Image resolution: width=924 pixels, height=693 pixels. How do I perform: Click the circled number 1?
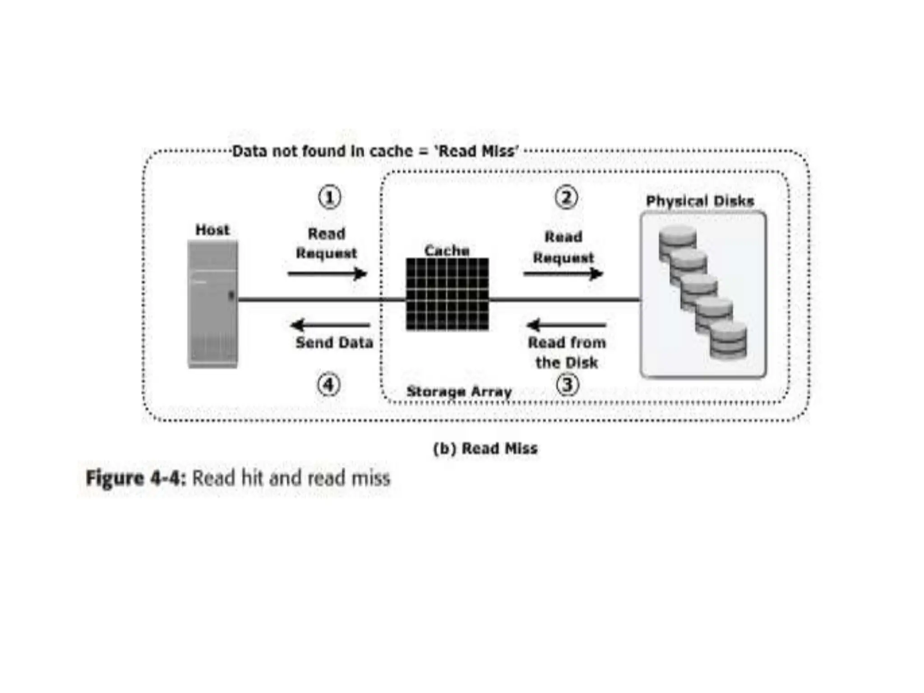tap(330, 197)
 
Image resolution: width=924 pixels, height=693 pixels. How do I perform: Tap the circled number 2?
tap(566, 197)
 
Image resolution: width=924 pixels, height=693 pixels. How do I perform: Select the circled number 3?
tap(567, 385)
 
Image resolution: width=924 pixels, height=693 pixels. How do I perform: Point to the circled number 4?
tap(328, 385)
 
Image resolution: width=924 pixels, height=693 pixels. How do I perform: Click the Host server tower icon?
tap(213, 304)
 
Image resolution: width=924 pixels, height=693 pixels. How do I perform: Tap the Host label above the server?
tap(213, 230)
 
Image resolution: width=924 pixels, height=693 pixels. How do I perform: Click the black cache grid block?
tap(447, 294)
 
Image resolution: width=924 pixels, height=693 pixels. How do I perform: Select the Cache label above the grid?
tap(447, 250)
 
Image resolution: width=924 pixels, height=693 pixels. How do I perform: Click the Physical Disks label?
tap(700, 201)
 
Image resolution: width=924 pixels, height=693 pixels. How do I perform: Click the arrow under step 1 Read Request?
tap(327, 273)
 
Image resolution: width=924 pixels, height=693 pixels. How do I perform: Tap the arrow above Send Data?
tap(330, 325)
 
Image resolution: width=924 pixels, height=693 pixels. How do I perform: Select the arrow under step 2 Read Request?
tap(563, 273)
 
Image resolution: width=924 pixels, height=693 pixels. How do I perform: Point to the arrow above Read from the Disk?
tap(566, 325)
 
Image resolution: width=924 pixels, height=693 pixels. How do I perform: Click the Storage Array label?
tap(459, 391)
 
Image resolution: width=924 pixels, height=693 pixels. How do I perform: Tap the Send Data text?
tap(334, 343)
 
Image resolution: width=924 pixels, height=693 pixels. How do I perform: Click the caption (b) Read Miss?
tap(485, 448)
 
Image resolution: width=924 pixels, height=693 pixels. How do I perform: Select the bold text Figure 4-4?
tap(136, 478)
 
